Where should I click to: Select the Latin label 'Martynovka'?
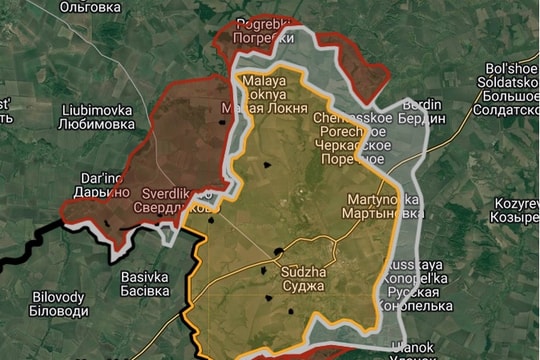point(383,199)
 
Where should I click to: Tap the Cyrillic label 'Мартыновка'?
point(383,214)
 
